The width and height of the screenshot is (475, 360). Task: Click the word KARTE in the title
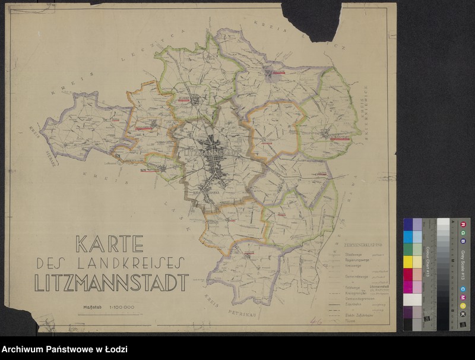click(x=109, y=244)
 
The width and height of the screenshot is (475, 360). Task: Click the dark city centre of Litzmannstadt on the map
click(x=210, y=146)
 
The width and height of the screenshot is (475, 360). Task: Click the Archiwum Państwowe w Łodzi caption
click(x=65, y=349)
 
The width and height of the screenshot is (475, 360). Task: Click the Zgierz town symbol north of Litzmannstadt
click(x=195, y=100)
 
